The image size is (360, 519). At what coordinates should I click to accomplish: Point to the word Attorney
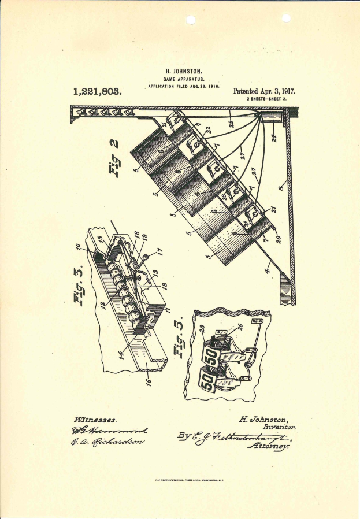click(x=268, y=446)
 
